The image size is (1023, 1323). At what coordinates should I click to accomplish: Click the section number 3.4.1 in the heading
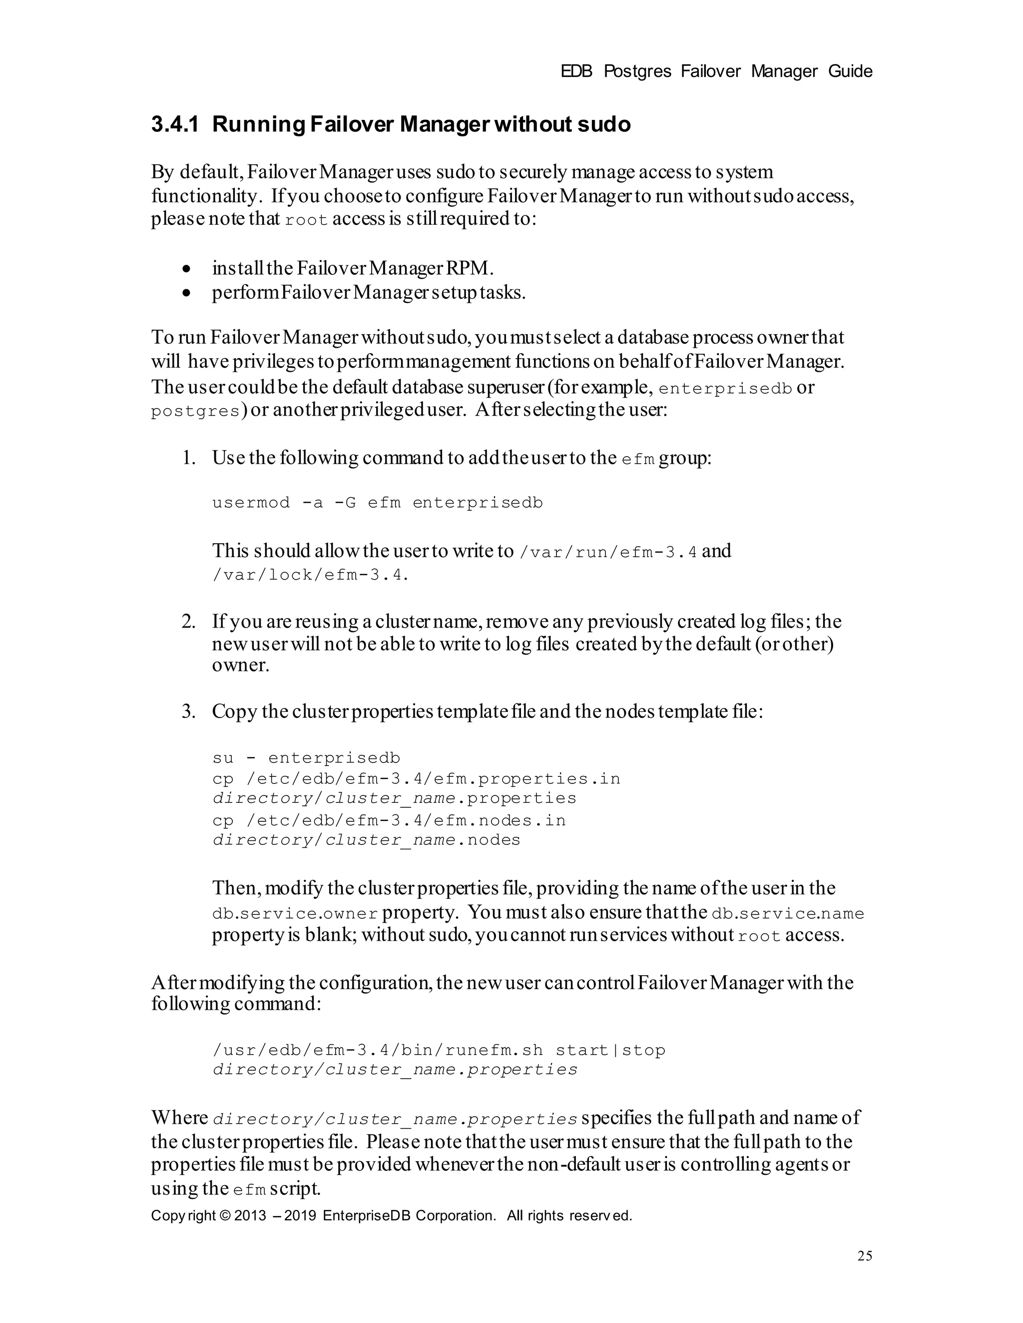coord(174,124)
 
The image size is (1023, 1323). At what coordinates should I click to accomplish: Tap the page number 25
coord(864,1255)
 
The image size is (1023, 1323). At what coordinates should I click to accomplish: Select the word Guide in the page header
coord(850,71)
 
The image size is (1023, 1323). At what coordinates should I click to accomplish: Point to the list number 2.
coord(188,622)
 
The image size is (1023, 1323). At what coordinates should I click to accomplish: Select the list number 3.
coord(188,711)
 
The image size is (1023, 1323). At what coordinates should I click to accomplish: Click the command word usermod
coord(251,503)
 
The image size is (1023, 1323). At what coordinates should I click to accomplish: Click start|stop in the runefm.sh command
coord(610,1050)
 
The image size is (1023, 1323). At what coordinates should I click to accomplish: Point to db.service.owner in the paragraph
coord(295,913)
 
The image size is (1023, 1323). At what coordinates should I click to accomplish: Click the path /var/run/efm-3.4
coord(608,552)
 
